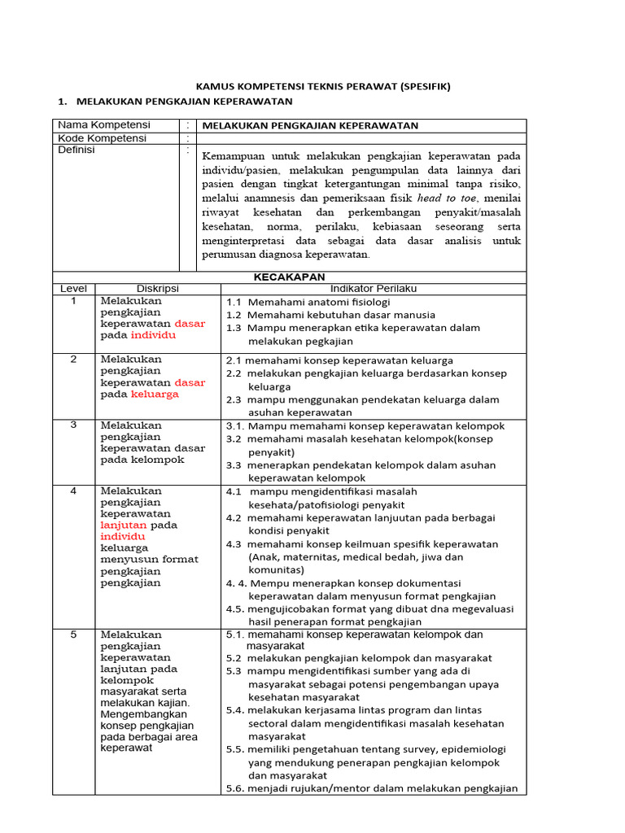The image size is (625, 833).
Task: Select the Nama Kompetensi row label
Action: [104, 125]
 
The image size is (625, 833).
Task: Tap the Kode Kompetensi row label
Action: [102, 138]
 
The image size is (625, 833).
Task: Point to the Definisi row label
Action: [76, 150]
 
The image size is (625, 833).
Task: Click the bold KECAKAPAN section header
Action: [290, 277]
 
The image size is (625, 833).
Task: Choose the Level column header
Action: [73, 289]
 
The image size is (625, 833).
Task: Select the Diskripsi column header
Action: [157, 289]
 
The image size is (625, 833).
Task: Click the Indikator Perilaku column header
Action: [373, 289]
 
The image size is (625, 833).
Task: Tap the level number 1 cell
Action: [73, 301]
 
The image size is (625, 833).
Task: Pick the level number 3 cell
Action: [73, 425]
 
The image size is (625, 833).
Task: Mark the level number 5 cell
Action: [73, 635]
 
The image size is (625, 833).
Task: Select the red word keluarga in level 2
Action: [155, 395]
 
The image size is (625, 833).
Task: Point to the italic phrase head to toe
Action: [448, 198]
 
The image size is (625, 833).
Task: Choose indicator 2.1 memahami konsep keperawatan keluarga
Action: [339, 360]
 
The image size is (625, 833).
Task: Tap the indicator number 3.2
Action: [234, 439]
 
